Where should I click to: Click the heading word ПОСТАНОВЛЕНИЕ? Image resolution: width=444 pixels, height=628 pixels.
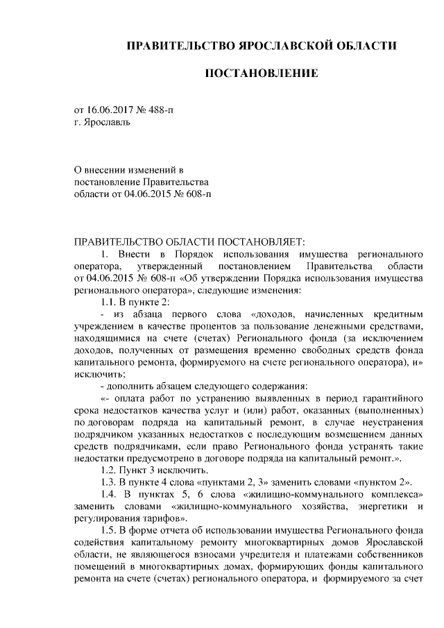click(x=262, y=72)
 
